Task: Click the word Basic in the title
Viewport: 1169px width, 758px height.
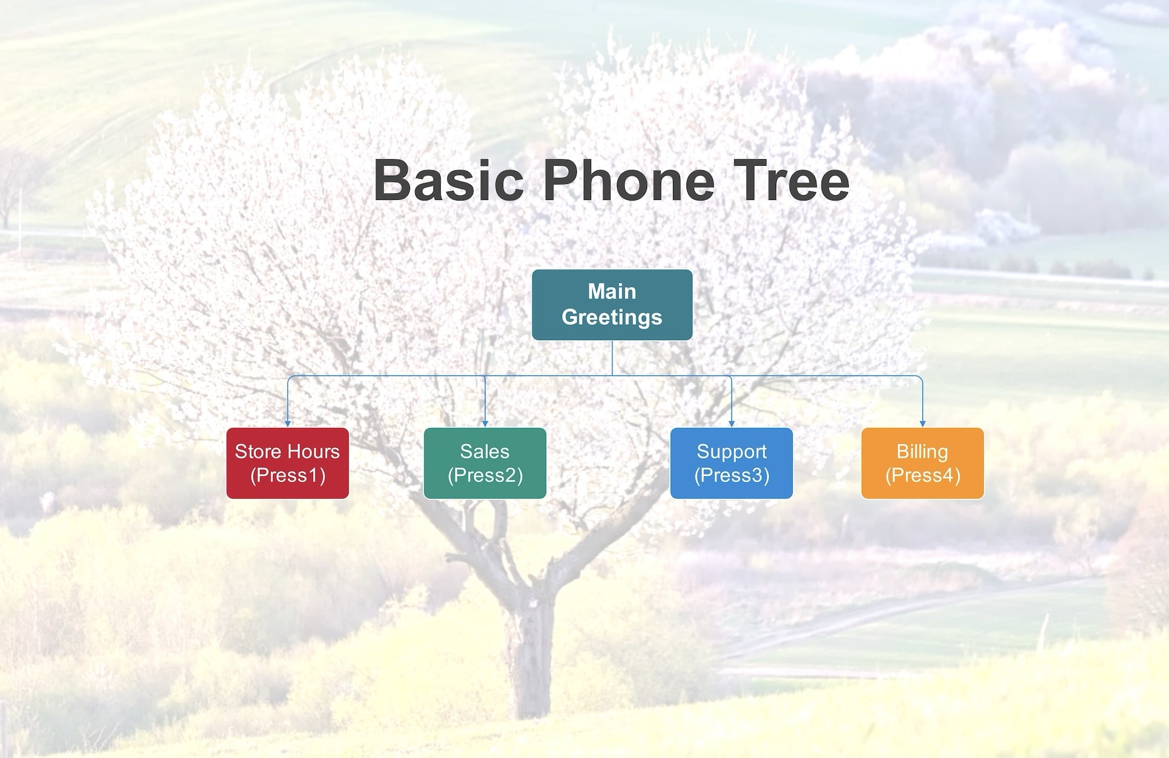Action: (448, 180)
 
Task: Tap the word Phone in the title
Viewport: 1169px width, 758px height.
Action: (629, 180)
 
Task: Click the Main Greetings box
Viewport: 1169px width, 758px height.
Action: (612, 305)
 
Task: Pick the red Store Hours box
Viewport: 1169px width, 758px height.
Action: (287, 463)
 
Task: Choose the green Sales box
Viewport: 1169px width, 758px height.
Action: (485, 463)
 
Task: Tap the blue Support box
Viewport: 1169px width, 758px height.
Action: (731, 463)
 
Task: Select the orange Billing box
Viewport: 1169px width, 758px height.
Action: (922, 463)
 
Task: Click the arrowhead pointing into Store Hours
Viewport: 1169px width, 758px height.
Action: (288, 423)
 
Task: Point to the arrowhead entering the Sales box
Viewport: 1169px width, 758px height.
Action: (485, 423)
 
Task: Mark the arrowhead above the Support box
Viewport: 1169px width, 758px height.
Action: (731, 423)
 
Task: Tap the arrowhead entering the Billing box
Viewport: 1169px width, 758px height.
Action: (922, 423)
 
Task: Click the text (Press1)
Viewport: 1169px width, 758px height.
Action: (288, 475)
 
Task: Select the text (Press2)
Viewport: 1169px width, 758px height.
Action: (485, 475)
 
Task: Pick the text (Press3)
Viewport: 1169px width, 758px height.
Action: (731, 475)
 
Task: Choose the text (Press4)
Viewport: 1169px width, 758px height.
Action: (922, 475)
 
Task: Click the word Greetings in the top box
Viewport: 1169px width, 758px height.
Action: (612, 317)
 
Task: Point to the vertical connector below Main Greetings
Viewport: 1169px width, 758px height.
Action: (612, 358)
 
